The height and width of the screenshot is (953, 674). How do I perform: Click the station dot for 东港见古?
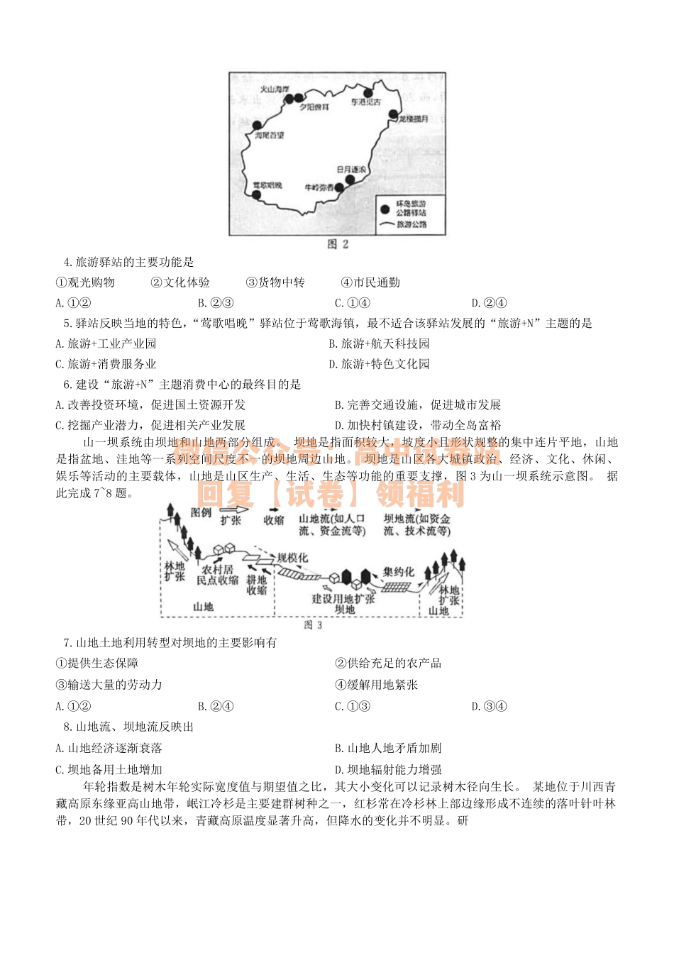pyautogui.click(x=368, y=93)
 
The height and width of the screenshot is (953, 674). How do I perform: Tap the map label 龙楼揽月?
pyautogui.click(x=413, y=119)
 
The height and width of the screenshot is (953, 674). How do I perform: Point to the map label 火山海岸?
pyautogui.click(x=274, y=89)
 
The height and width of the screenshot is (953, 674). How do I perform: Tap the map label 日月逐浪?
pyautogui.click(x=350, y=170)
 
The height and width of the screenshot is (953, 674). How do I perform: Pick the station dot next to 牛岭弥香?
pyautogui.click(x=340, y=188)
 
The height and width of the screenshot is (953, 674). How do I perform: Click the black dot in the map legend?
pyautogui.click(x=385, y=209)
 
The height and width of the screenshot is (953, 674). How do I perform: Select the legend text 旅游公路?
pyautogui.click(x=412, y=224)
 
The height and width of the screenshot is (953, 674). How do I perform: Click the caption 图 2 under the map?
pyautogui.click(x=338, y=244)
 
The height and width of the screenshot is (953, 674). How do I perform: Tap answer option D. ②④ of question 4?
pyautogui.click(x=490, y=303)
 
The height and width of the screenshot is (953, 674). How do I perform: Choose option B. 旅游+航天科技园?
pyautogui.click(x=379, y=343)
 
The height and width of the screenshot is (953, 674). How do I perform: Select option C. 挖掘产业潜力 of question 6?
pyautogui.click(x=150, y=425)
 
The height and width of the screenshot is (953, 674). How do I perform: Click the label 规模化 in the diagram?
pyautogui.click(x=292, y=558)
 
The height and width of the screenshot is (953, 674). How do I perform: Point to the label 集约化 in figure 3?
pyautogui.click(x=398, y=571)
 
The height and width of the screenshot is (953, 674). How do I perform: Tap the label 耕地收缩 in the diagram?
pyautogui.click(x=256, y=585)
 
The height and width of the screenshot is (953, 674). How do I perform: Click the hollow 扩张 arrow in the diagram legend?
pyautogui.click(x=231, y=509)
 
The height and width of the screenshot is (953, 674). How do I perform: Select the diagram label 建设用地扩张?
pyautogui.click(x=343, y=598)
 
